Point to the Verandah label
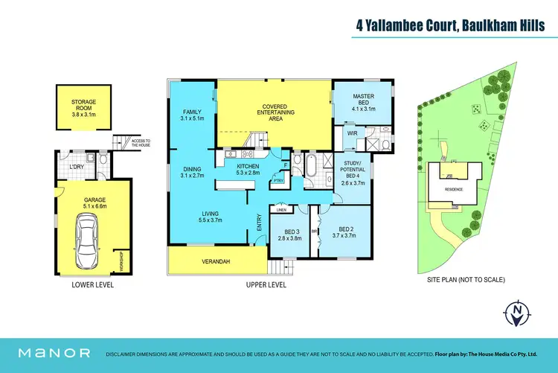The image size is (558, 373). (x=216, y=261)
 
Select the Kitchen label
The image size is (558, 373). (x=246, y=169)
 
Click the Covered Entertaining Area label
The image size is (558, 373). (x=275, y=112)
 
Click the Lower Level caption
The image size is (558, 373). (x=92, y=285)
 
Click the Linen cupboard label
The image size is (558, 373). (x=281, y=210)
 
